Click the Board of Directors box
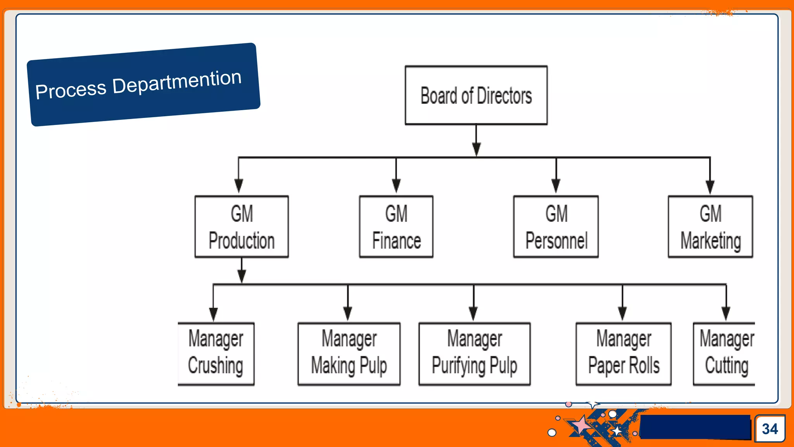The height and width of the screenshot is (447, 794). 476,95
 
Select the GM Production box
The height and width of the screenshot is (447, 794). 242,227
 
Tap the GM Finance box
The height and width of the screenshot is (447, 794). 396,227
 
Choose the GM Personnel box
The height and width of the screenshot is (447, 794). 556,227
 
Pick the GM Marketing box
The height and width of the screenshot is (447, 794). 710,227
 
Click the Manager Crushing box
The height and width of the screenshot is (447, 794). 216,353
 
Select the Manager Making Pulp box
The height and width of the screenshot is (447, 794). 349,353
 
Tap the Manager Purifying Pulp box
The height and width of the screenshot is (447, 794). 475,353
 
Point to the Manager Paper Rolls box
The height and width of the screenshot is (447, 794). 623,353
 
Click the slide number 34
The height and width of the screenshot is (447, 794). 770,429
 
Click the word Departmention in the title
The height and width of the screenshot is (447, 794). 177,81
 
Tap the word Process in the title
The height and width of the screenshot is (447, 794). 71,90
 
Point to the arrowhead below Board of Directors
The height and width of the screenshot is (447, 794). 476,149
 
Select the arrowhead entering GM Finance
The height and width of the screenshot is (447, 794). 396,185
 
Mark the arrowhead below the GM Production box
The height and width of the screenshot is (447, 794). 242,276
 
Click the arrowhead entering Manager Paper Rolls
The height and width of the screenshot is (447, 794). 623,313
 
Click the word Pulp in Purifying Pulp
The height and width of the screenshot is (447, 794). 503,366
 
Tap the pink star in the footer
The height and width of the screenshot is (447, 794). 582,425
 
